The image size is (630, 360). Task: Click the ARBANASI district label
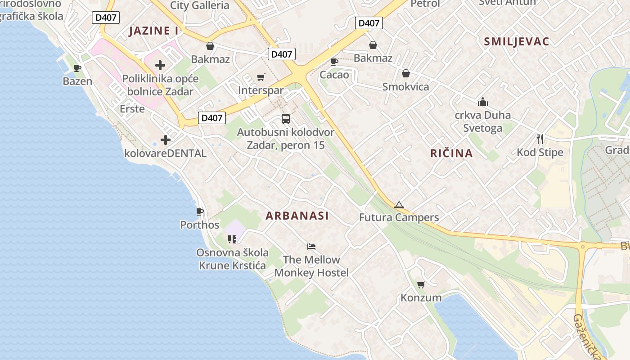click(297, 216)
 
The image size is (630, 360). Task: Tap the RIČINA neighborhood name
click(451, 153)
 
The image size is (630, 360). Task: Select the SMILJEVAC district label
click(517, 42)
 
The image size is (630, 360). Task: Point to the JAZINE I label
click(153, 31)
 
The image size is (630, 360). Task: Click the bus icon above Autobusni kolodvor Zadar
click(286, 119)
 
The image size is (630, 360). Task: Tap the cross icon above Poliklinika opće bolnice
click(160, 65)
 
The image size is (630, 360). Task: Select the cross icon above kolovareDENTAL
click(166, 140)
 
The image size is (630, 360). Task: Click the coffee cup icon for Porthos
click(200, 211)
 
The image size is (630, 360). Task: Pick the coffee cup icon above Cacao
click(334, 61)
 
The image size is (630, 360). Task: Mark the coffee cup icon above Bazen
click(77, 68)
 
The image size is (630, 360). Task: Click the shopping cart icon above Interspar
click(261, 77)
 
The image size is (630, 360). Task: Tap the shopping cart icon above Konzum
click(421, 284)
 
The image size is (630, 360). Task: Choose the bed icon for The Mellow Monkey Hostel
click(311, 246)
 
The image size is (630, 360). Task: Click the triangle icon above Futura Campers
click(399, 205)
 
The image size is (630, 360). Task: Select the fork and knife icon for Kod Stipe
click(540, 139)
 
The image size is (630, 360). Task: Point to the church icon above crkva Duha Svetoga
click(483, 102)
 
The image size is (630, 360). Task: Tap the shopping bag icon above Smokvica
click(406, 73)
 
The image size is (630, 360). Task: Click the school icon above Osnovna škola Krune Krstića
click(232, 239)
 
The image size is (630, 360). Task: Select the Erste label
click(132, 108)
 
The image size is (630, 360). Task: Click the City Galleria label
click(200, 5)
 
